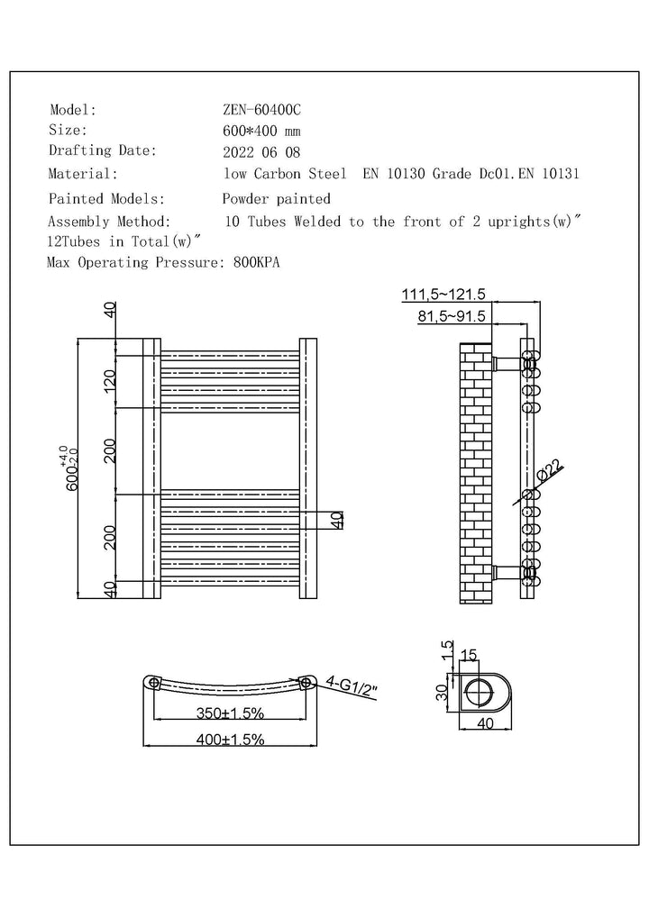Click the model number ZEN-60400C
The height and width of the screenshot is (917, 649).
pyautogui.click(x=262, y=111)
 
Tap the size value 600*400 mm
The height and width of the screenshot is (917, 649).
pyautogui.click(x=262, y=131)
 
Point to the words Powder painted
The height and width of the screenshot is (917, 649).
pyautogui.click(x=277, y=198)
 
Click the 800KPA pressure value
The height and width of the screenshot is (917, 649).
pyautogui.click(x=257, y=263)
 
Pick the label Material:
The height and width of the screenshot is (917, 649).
pyautogui.click(x=83, y=174)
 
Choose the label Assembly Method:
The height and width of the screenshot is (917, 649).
pyautogui.click(x=108, y=221)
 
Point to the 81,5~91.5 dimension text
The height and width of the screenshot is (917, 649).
pyautogui.click(x=452, y=316)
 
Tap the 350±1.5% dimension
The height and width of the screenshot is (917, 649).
pyautogui.click(x=231, y=713)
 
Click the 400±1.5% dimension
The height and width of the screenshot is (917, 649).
pyautogui.click(x=231, y=740)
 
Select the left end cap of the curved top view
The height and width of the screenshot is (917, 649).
pyautogui.click(x=154, y=682)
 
